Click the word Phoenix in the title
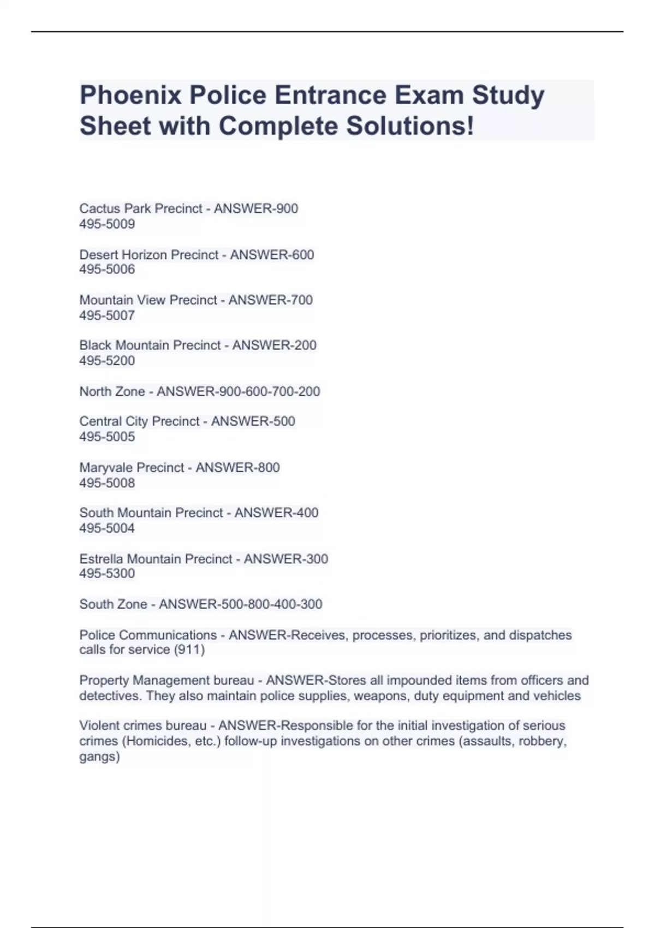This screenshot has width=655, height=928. [x=130, y=96]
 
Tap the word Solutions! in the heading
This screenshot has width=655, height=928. [x=410, y=126]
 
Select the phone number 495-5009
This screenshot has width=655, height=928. [x=107, y=224]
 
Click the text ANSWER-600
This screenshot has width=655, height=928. [x=272, y=255]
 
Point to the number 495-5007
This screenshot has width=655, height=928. [x=107, y=315]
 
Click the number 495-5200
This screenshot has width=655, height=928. [x=107, y=360]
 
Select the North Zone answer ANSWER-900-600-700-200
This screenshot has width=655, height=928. [x=238, y=391]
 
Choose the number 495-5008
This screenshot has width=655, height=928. [x=107, y=483]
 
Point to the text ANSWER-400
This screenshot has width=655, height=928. [x=276, y=513]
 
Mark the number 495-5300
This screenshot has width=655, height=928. [x=107, y=573]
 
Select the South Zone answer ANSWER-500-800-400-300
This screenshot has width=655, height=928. [x=240, y=604]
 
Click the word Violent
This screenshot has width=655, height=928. [x=98, y=725]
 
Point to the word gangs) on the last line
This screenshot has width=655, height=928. [x=99, y=757]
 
